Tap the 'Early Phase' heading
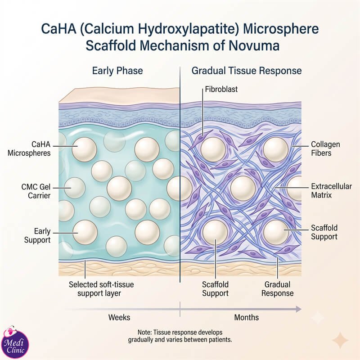(x=117, y=71)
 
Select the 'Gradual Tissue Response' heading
(x=247, y=71)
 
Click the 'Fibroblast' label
(x=221, y=89)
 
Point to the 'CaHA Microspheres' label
(x=29, y=149)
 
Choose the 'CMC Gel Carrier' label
(x=36, y=191)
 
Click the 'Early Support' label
(x=37, y=235)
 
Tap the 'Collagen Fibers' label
(x=325, y=149)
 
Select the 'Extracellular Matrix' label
(x=331, y=191)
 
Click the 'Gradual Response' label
(x=277, y=289)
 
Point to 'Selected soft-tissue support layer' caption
(x=101, y=289)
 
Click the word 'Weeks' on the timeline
(x=119, y=318)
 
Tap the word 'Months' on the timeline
(x=246, y=318)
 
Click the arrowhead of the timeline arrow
(x=298, y=309)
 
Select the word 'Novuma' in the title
(x=254, y=45)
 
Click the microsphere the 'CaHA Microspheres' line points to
(x=84, y=149)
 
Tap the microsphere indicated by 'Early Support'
(x=85, y=232)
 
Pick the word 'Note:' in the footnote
(x=144, y=333)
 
